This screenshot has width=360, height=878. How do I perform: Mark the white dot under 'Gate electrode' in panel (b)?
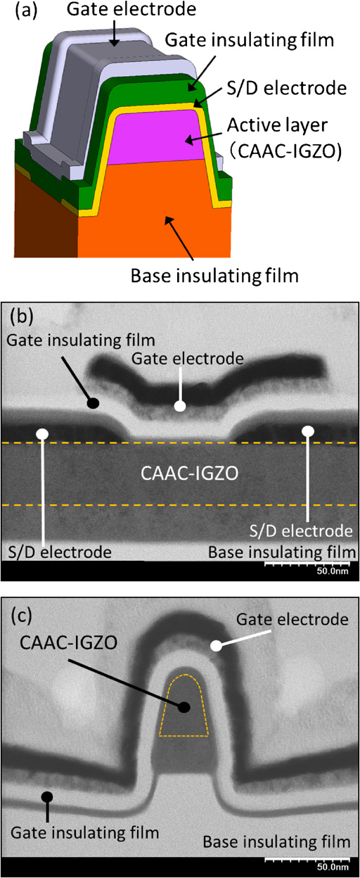click(181, 407)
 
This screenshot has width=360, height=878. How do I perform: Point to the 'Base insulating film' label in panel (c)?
click(276, 841)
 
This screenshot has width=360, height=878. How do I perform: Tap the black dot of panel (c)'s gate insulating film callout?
click(47, 796)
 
